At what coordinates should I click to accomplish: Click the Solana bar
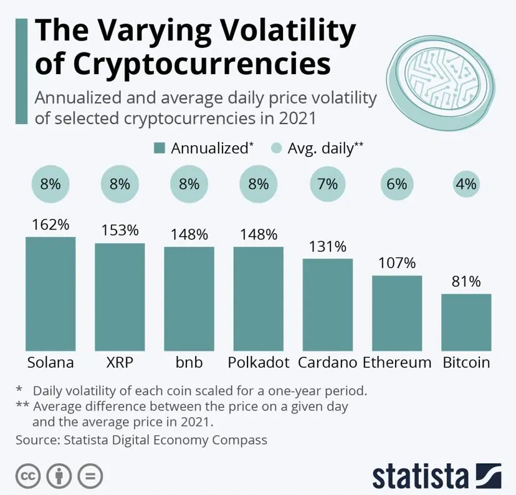(50, 293)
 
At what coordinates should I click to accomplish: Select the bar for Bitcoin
(466, 322)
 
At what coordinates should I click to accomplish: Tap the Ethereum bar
(397, 312)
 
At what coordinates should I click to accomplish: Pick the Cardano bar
(328, 304)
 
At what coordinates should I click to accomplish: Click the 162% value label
(50, 224)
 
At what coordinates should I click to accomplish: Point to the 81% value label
(466, 281)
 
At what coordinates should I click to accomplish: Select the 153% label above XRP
(120, 230)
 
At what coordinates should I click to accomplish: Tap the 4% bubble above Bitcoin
(466, 184)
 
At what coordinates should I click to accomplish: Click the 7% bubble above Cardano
(328, 184)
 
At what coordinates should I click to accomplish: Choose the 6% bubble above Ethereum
(397, 184)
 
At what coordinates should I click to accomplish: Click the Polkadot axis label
(258, 362)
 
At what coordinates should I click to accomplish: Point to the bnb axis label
(189, 362)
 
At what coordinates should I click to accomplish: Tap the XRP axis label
(120, 362)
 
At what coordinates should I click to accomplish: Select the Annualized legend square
(160, 148)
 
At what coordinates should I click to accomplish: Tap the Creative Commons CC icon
(28, 476)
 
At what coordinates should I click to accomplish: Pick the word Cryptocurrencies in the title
(183, 64)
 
